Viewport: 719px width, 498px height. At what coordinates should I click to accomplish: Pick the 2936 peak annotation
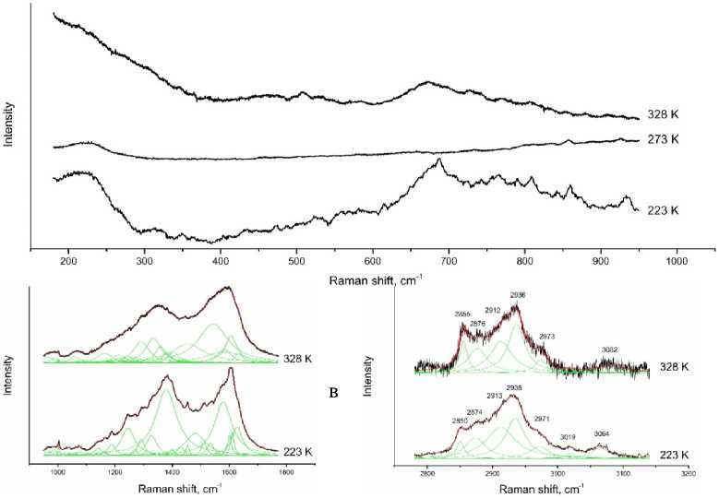[517, 295]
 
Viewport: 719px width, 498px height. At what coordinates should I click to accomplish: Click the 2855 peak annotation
[462, 314]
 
